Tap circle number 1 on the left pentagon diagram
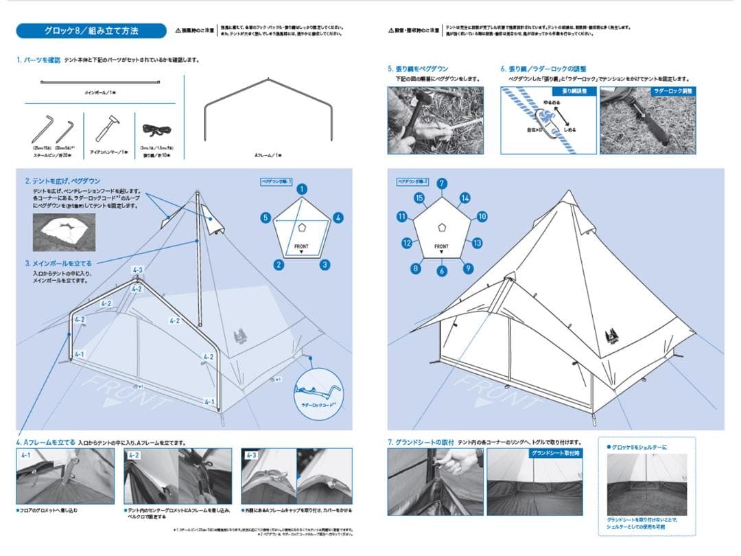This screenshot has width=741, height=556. coord(302,189)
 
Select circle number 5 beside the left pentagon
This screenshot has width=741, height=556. coord(265,218)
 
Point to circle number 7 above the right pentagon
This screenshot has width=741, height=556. coord(442,183)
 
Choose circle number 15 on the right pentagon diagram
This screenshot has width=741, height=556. coord(419,198)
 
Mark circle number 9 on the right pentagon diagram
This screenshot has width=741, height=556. coord(468,268)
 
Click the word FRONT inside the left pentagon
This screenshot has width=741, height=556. coord(301,246)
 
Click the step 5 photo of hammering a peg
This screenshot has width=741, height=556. coord(435,119)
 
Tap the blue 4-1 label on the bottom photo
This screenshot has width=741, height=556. coord(26,454)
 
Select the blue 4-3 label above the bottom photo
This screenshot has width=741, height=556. coord(252,454)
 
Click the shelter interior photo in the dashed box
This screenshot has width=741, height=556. coord(646,483)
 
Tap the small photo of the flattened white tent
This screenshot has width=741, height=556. coord(64,232)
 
